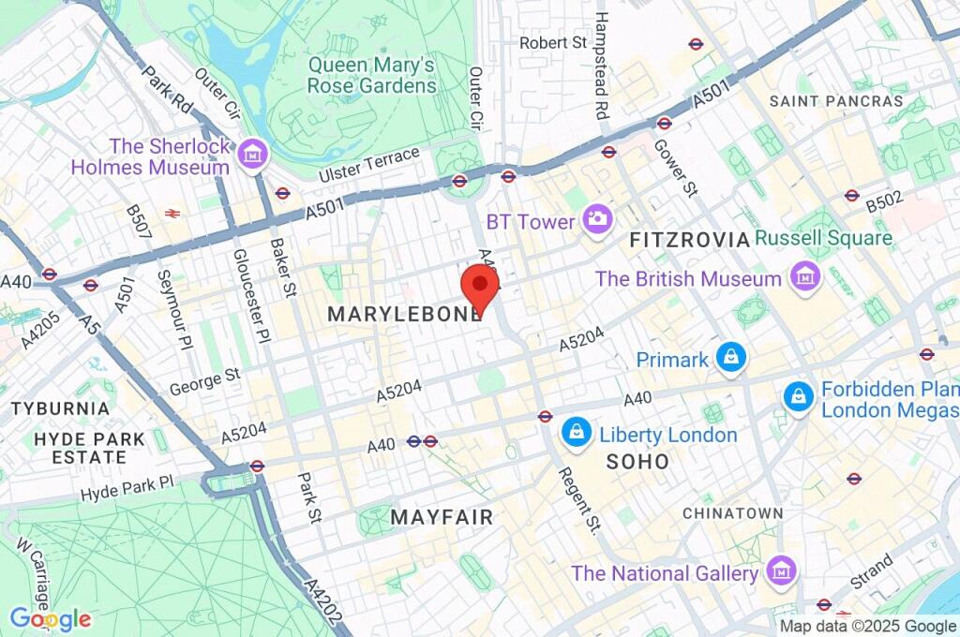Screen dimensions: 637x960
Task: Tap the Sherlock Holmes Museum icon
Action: [251, 156]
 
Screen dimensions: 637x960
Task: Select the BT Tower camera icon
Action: [595, 221]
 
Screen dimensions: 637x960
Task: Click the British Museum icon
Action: [803, 277]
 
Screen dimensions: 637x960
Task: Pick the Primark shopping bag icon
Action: [730, 358]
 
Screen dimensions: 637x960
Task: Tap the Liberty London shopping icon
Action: [575, 433]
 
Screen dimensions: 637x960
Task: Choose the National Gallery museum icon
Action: [779, 570]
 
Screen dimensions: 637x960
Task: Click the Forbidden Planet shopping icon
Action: [798, 397]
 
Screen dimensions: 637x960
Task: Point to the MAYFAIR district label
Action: [442, 517]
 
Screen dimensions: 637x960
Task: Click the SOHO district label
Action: [638, 462]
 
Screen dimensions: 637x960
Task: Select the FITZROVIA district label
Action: [690, 241]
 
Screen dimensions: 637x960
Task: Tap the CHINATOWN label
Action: [732, 513]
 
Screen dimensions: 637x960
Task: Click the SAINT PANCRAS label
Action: [836, 101]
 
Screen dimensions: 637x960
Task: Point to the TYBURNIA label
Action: [60, 409]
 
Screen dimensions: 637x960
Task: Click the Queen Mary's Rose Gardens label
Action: [372, 75]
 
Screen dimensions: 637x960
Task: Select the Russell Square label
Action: [823, 238]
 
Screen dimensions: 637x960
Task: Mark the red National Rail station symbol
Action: [172, 214]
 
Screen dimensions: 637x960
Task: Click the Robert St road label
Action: [553, 43]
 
